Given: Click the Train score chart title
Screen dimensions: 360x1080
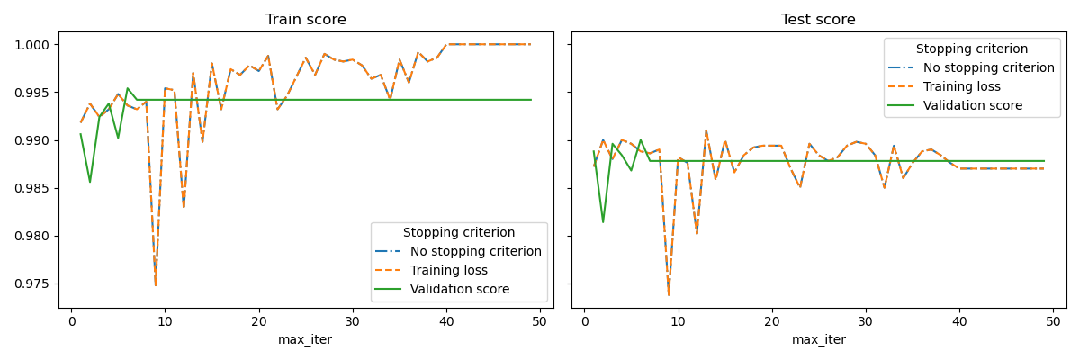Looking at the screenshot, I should [305, 20].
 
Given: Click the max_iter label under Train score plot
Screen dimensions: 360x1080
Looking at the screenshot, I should [305, 339].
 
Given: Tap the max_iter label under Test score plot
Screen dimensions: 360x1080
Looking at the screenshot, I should [818, 339].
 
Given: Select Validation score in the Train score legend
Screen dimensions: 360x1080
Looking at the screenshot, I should [459, 289].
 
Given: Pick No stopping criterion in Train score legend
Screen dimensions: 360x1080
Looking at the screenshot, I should [475, 251].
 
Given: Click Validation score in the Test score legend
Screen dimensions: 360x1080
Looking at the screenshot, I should [972, 105].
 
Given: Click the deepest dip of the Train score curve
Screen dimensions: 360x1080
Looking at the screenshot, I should [156, 285].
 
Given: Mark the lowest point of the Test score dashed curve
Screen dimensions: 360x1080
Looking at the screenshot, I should [669, 294].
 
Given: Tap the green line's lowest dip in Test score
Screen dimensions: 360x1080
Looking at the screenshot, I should [603, 222].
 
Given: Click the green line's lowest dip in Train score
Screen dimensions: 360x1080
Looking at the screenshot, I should [90, 182].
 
